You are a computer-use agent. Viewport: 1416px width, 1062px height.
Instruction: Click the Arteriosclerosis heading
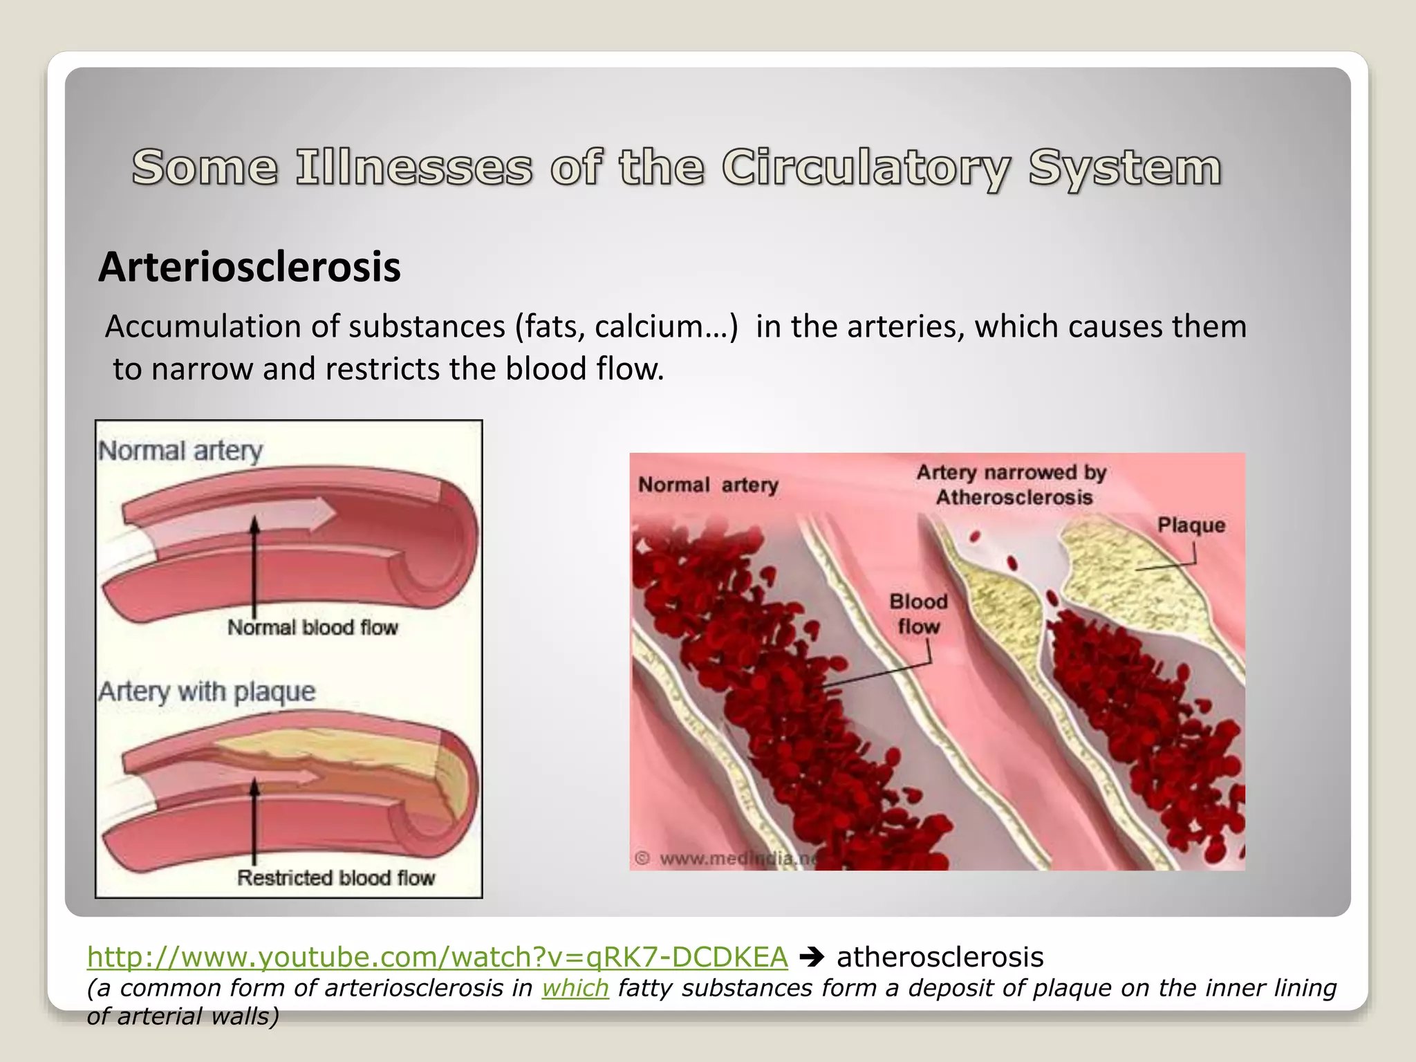[x=250, y=267]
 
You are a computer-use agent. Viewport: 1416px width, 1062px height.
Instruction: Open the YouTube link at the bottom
[x=437, y=957]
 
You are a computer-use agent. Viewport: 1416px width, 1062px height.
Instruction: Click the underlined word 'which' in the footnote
[x=575, y=988]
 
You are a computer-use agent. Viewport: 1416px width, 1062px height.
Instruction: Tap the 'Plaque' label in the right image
[x=1191, y=525]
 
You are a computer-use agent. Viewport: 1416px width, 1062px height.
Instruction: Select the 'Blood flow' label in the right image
[x=918, y=614]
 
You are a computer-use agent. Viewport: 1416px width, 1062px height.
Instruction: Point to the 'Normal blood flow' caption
[x=313, y=628]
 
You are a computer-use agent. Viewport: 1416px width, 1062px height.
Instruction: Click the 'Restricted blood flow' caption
[x=336, y=878]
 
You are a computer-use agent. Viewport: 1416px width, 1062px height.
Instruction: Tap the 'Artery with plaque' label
[x=207, y=691]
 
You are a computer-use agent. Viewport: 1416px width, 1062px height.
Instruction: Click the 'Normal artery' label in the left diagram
[x=180, y=451]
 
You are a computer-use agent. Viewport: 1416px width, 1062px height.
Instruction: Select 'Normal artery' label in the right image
[x=708, y=485]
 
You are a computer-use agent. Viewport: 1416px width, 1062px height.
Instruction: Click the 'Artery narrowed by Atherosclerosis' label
[x=1012, y=485]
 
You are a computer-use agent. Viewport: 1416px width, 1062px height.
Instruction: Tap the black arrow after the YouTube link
[x=812, y=958]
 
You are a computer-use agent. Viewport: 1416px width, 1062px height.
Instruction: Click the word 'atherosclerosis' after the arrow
[x=940, y=958]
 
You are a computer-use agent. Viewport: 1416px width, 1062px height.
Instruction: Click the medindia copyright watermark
[x=726, y=859]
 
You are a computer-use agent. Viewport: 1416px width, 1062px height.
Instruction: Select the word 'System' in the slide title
[x=1124, y=168]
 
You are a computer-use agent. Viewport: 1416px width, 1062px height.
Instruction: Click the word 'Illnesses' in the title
[x=414, y=168]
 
